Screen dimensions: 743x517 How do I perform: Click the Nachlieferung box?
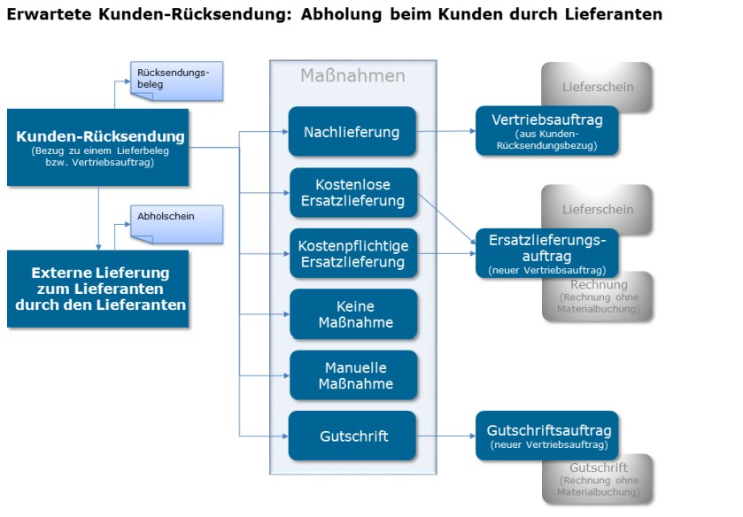[352, 131]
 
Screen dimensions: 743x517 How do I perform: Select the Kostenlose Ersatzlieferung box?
[353, 192]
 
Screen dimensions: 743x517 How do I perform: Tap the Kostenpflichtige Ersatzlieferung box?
[353, 253]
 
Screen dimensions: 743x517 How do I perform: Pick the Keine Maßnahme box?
[353, 314]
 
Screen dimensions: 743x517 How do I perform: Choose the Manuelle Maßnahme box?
[353, 375]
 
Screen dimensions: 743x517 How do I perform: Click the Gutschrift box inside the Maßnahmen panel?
[352, 436]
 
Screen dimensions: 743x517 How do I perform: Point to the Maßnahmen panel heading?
[352, 76]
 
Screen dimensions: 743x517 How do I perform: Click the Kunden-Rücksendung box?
[97, 147]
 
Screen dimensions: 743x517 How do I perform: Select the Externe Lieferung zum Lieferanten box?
[97, 289]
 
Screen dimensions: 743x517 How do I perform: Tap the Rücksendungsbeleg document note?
[177, 81]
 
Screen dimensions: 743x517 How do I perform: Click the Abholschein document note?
[177, 224]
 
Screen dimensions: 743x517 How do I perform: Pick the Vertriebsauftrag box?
[546, 131]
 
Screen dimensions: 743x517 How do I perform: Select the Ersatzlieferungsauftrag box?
[546, 253]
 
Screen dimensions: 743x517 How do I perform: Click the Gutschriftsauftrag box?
[546, 436]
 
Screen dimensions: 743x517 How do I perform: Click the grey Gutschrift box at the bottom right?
[598, 480]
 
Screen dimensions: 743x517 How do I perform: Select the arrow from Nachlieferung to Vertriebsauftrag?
[446, 131]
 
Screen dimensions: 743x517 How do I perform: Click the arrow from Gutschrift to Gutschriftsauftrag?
[446, 436]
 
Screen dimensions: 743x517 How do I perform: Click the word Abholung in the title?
[341, 14]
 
